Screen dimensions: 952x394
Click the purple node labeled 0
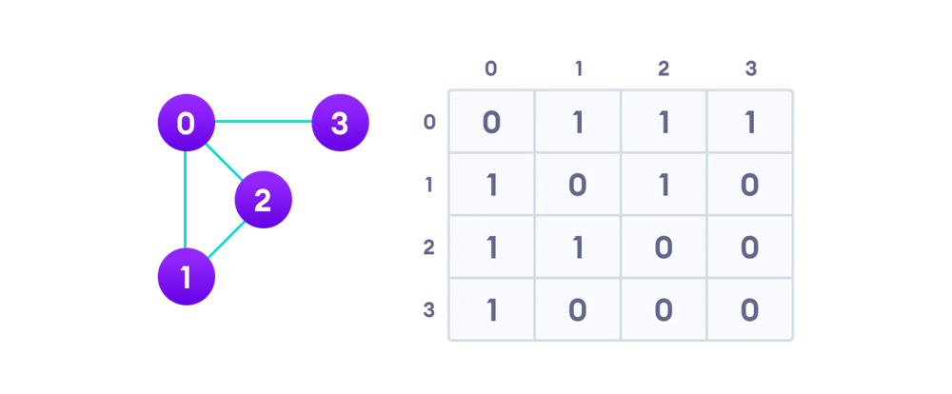click(x=186, y=123)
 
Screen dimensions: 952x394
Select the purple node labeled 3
click(x=340, y=123)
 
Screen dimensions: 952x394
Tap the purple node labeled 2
click(x=264, y=200)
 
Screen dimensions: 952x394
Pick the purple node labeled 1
click(x=186, y=277)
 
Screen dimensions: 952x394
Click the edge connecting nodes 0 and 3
click(x=263, y=122)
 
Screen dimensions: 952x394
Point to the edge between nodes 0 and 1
click(x=186, y=200)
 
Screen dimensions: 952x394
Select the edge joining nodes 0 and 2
click(x=225, y=162)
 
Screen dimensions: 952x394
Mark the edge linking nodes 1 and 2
click(x=226, y=239)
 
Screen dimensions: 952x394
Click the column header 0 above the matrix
click(x=490, y=69)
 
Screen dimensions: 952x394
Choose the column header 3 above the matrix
click(x=751, y=69)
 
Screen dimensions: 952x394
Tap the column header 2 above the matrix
click(x=664, y=69)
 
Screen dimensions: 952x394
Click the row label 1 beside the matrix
click(x=429, y=185)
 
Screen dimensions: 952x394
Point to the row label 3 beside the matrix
click(x=429, y=310)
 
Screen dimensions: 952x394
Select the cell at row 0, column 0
click(x=492, y=122)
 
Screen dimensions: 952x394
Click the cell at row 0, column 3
click(x=750, y=122)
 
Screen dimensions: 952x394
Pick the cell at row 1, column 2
click(x=664, y=184)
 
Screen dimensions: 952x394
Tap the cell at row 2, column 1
click(x=578, y=246)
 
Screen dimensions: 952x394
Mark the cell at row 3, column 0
click(x=492, y=309)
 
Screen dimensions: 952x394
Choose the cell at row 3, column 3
click(x=750, y=309)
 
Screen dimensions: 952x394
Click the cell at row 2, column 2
click(x=664, y=246)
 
